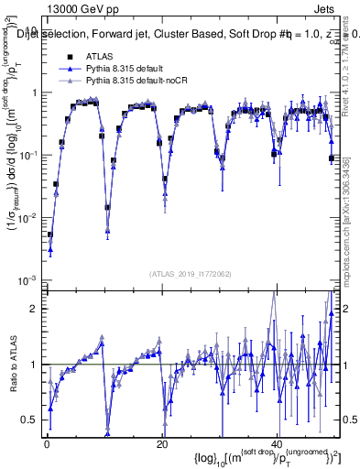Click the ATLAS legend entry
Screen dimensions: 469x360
pos(100,57)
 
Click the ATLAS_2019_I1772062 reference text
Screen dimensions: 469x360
pos(191,274)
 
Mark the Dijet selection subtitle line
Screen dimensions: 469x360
pos(183,35)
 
